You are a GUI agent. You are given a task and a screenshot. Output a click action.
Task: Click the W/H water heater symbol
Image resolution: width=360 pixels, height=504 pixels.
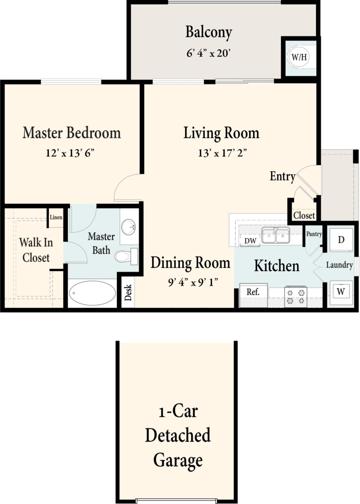299,57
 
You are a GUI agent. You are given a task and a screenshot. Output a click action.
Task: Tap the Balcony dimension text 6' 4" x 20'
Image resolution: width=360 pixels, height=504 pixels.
209,53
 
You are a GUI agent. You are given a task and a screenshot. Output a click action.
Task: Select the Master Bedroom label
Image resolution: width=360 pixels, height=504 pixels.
72,133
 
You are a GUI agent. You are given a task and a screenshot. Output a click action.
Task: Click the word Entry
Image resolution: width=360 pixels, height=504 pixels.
282,176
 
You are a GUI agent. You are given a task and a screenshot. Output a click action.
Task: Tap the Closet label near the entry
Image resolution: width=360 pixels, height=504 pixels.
304,215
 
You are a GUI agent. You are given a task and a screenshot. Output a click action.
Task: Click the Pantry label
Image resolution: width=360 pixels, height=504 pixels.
314,234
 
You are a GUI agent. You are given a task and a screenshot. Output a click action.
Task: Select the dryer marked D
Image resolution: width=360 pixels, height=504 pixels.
341,240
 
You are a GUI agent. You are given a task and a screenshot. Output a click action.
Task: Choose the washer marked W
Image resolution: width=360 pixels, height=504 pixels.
341,292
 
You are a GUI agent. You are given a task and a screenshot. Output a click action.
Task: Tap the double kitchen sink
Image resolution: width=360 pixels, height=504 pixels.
276,236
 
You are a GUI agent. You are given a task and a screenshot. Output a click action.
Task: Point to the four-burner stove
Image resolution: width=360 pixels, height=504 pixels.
296,296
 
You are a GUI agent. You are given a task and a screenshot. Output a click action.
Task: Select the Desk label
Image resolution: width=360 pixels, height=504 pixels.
128,293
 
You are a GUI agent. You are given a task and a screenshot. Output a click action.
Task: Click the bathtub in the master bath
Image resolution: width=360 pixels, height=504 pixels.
92,293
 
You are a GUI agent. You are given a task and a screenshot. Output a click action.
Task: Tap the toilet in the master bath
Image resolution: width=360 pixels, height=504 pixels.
126,256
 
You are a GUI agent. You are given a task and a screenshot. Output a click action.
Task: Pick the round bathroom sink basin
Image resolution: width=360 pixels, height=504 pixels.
129,227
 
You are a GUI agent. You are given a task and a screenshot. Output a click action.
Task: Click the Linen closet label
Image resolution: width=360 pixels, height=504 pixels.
56,218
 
